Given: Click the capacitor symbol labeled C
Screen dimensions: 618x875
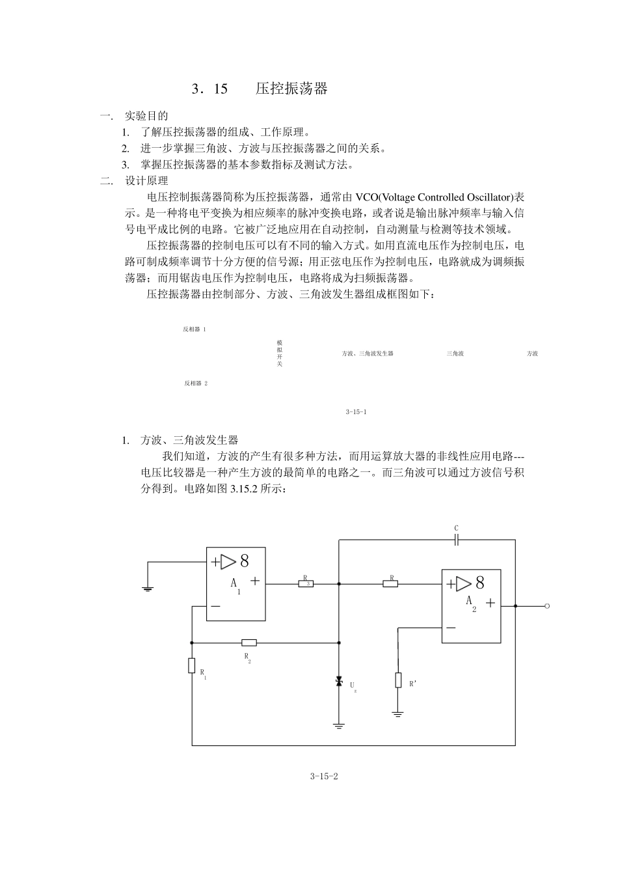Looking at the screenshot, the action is (x=457, y=539).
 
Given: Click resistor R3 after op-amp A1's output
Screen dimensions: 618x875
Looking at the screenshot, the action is (x=306, y=583).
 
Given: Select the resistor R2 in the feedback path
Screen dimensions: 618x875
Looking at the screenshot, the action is (x=249, y=643).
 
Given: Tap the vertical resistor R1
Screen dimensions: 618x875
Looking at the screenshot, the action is (x=192, y=665).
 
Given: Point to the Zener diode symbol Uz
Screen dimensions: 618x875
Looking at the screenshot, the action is (x=338, y=682).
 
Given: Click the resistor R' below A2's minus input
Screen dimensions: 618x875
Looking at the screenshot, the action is (x=398, y=680).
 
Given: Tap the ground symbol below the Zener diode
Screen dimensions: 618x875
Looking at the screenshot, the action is (x=338, y=725).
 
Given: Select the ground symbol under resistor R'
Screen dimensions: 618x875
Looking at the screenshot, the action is (x=398, y=714).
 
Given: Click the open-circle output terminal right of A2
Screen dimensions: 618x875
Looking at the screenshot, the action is (x=547, y=606).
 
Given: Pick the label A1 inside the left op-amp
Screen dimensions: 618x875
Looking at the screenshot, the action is (x=235, y=585).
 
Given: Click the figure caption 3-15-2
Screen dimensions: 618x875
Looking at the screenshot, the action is (x=325, y=776).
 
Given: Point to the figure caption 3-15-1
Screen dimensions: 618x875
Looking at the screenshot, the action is (x=356, y=412).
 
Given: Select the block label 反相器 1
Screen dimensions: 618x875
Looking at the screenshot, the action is (x=195, y=329).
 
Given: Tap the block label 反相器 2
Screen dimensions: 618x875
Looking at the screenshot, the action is (x=195, y=383).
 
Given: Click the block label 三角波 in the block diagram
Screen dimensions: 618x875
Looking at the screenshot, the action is (x=455, y=354).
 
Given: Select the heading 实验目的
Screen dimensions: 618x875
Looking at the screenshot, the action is (x=146, y=116).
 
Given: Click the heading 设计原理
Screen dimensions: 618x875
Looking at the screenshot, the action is (x=146, y=181).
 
